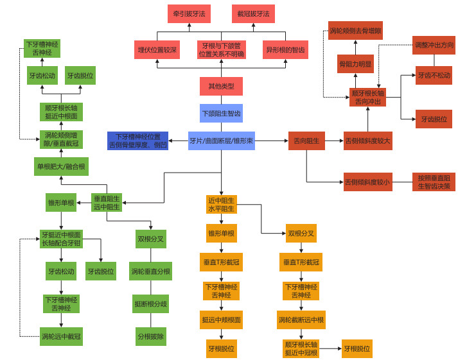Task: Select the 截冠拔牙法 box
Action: (x=253, y=13)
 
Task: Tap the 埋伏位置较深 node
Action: (x=157, y=50)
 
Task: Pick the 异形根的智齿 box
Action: (x=285, y=50)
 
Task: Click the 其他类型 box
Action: (x=221, y=86)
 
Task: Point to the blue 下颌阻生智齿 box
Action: (x=221, y=114)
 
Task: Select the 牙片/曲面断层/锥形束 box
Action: (x=221, y=141)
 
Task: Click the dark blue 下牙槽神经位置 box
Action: (x=138, y=141)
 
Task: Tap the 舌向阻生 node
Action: (x=306, y=141)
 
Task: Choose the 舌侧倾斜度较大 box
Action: (x=367, y=141)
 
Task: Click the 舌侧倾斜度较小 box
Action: (x=367, y=182)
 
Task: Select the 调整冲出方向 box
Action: (x=434, y=45)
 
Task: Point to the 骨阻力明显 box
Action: (x=355, y=64)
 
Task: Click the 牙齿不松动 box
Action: (x=434, y=75)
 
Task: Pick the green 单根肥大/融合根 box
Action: (x=61, y=167)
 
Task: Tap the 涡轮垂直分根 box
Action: (x=151, y=271)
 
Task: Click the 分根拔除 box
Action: (x=151, y=336)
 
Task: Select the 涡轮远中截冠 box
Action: (x=61, y=336)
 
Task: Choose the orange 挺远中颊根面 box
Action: (x=221, y=320)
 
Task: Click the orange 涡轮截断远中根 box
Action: (x=301, y=320)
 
